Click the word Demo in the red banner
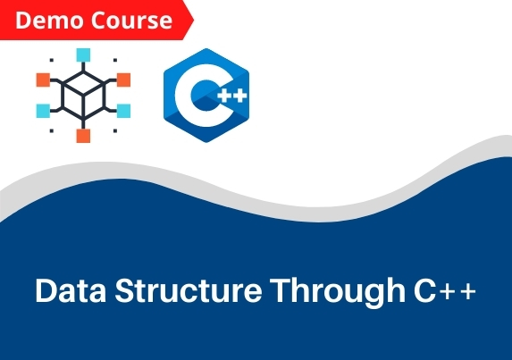pyautogui.click(x=49, y=21)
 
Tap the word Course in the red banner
pyautogui.click(x=131, y=21)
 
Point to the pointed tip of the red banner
pyautogui.click(x=194, y=20)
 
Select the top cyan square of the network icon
pyautogui.click(x=83, y=54)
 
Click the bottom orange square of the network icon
pyautogui.click(x=83, y=136)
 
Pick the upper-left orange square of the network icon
pyautogui.click(x=43, y=80)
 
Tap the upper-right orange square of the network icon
pyautogui.click(x=123, y=80)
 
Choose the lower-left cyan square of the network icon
pyautogui.click(x=43, y=111)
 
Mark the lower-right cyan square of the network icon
pyautogui.click(x=123, y=111)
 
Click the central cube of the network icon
pyautogui.click(x=83, y=96)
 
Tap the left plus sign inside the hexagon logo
pyautogui.click(x=224, y=96)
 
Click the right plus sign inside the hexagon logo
pyautogui.click(x=240, y=96)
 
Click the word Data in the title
pyautogui.click(x=71, y=290)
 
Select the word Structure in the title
pyautogui.click(x=189, y=290)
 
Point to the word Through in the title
pyautogui.click(x=338, y=293)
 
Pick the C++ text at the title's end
pyautogui.click(x=445, y=290)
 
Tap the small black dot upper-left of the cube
pyautogui.click(x=52, y=60)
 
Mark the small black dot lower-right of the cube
pyautogui.click(x=115, y=131)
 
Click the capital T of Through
pyautogui.click(x=281, y=290)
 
